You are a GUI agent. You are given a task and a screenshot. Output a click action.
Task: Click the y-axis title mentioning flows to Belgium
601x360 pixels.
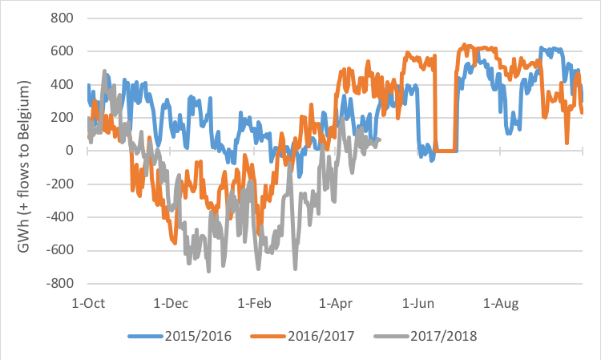(x=26, y=151)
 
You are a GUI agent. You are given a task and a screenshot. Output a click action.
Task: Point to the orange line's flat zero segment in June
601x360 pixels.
(x=446, y=151)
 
